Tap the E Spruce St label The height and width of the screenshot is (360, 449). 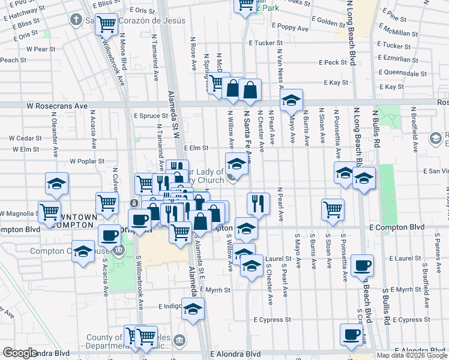151,115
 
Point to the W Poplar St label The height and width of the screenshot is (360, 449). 87,161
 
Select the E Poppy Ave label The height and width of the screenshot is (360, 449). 290,28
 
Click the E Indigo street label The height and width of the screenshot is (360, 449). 170,306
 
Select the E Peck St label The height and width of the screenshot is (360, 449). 333,62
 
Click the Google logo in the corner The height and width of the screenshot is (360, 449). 20,353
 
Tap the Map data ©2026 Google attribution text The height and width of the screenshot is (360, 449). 411,356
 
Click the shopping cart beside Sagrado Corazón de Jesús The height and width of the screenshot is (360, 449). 106,25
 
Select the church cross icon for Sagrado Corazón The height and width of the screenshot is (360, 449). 75,20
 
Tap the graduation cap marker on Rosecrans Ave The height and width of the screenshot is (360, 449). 291,100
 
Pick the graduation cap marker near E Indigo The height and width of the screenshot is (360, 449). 193,308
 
